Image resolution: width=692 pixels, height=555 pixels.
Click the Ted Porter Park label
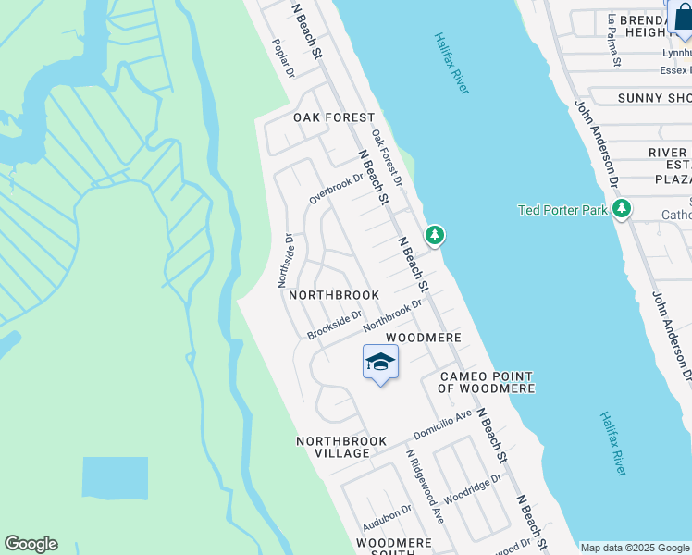tap(562, 210)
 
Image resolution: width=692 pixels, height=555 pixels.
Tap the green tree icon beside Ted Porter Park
tap(623, 209)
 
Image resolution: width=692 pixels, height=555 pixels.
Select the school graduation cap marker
tap(380, 363)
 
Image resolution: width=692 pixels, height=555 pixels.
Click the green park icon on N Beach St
tap(434, 236)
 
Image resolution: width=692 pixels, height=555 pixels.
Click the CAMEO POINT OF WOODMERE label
tap(486, 383)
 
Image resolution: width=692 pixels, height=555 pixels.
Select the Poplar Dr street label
tap(282, 58)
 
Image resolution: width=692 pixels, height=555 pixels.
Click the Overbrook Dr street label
tap(337, 189)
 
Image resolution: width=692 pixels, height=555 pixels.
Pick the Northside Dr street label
tap(287, 261)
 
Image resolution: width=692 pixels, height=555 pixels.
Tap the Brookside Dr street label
tap(334, 326)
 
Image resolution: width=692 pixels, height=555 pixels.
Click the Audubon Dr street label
tap(388, 524)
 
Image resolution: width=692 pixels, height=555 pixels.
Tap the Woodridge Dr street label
tap(472, 491)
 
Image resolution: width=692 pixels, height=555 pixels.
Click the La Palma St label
tap(612, 40)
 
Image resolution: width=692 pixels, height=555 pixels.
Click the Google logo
tap(31, 544)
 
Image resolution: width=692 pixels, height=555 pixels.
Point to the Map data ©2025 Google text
tap(634, 548)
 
